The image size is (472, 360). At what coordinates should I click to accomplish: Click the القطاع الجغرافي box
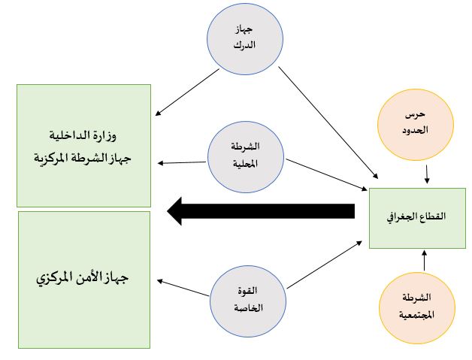click(418, 218)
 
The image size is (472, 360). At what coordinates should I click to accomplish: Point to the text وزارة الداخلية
click(83, 135)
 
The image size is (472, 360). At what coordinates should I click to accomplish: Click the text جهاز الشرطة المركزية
click(83, 158)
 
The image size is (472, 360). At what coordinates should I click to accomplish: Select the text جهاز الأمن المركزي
click(83, 277)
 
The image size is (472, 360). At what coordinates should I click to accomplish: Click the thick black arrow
click(261, 211)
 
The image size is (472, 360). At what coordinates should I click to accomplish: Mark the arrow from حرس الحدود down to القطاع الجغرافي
click(427, 174)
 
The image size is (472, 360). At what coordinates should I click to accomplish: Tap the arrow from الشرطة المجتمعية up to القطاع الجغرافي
click(425, 261)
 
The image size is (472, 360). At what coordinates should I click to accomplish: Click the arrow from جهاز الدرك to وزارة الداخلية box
click(187, 92)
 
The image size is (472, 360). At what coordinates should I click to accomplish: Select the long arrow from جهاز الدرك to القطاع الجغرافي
click(328, 123)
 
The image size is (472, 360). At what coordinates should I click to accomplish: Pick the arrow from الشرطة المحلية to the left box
click(182, 163)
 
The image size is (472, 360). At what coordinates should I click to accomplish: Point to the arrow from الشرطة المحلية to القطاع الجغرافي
click(326, 175)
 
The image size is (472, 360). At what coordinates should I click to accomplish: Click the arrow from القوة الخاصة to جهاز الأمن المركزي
click(183, 288)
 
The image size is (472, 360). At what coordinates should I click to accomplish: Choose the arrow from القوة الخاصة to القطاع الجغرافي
click(325, 265)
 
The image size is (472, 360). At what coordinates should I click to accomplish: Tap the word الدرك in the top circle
click(244, 46)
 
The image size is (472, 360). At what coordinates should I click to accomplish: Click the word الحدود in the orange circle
click(416, 131)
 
